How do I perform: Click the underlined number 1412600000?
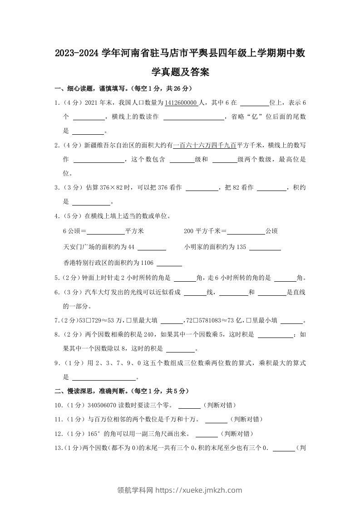181,103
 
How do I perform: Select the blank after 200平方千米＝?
246,231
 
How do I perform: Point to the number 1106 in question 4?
148,263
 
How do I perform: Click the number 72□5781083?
206,321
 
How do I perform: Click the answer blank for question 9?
104,377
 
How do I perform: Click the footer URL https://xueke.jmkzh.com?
199,490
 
